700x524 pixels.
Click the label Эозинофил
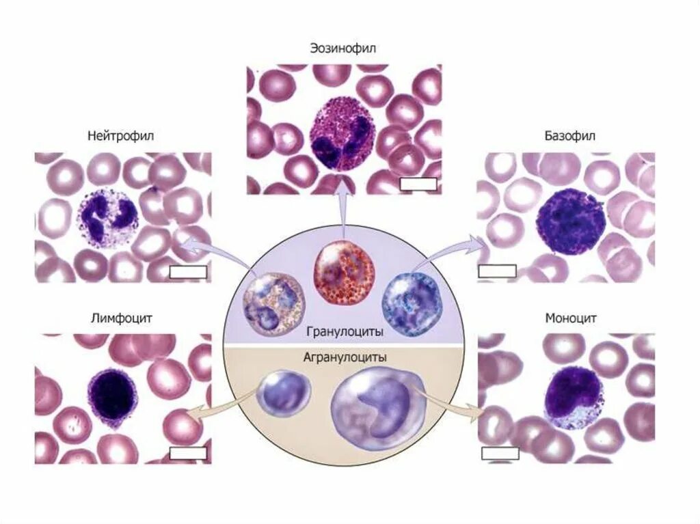344,49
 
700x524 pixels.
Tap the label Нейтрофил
121,136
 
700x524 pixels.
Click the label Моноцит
571,318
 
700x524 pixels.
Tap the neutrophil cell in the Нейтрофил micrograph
109,216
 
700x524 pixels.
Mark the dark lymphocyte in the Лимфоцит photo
111,396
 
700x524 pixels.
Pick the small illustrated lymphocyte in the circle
283,391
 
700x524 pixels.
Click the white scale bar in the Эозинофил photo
418,184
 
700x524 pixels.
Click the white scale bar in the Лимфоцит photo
187,454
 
